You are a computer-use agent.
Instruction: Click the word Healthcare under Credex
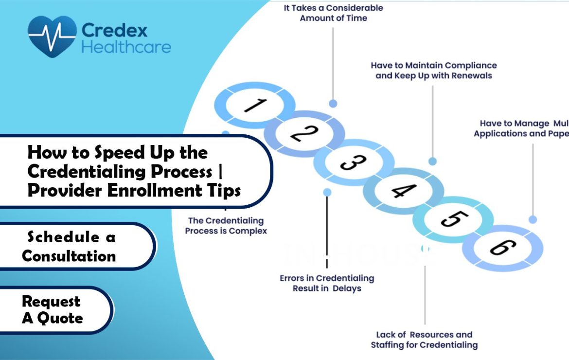126,47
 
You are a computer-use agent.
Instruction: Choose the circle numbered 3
354,162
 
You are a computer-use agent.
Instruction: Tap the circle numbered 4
403,191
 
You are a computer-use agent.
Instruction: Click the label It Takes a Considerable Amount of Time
333,13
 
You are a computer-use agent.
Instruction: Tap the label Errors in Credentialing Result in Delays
327,283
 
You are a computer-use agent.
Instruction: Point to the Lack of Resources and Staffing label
424,340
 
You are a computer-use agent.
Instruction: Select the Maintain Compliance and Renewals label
434,71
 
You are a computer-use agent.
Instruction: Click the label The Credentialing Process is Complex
226,226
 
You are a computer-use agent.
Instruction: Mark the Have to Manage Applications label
521,128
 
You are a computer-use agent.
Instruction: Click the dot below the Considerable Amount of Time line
333,103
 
